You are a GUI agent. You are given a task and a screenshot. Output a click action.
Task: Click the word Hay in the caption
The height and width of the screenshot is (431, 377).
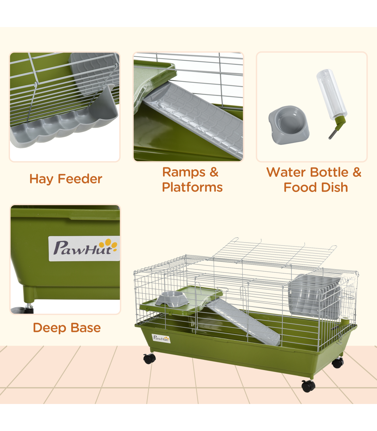click(41, 179)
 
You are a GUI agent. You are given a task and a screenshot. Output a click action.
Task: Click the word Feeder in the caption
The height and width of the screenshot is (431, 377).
click(80, 179)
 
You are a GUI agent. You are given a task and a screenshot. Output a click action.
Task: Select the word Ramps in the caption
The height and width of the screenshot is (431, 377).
click(184, 172)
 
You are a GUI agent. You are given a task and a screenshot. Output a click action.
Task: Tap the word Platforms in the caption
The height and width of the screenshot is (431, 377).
click(192, 187)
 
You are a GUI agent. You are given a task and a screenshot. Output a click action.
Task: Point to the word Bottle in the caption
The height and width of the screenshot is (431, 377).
click(329, 172)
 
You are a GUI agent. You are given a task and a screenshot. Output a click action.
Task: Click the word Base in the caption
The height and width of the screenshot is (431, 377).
click(86, 328)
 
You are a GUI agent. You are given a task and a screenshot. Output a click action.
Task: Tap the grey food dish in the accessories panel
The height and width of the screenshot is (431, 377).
click(289, 125)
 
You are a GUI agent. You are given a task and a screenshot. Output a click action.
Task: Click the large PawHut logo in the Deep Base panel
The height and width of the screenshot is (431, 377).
click(84, 248)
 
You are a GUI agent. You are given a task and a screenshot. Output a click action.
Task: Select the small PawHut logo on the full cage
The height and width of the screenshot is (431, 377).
click(161, 338)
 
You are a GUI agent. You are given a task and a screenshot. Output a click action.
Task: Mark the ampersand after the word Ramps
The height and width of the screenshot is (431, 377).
click(214, 172)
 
